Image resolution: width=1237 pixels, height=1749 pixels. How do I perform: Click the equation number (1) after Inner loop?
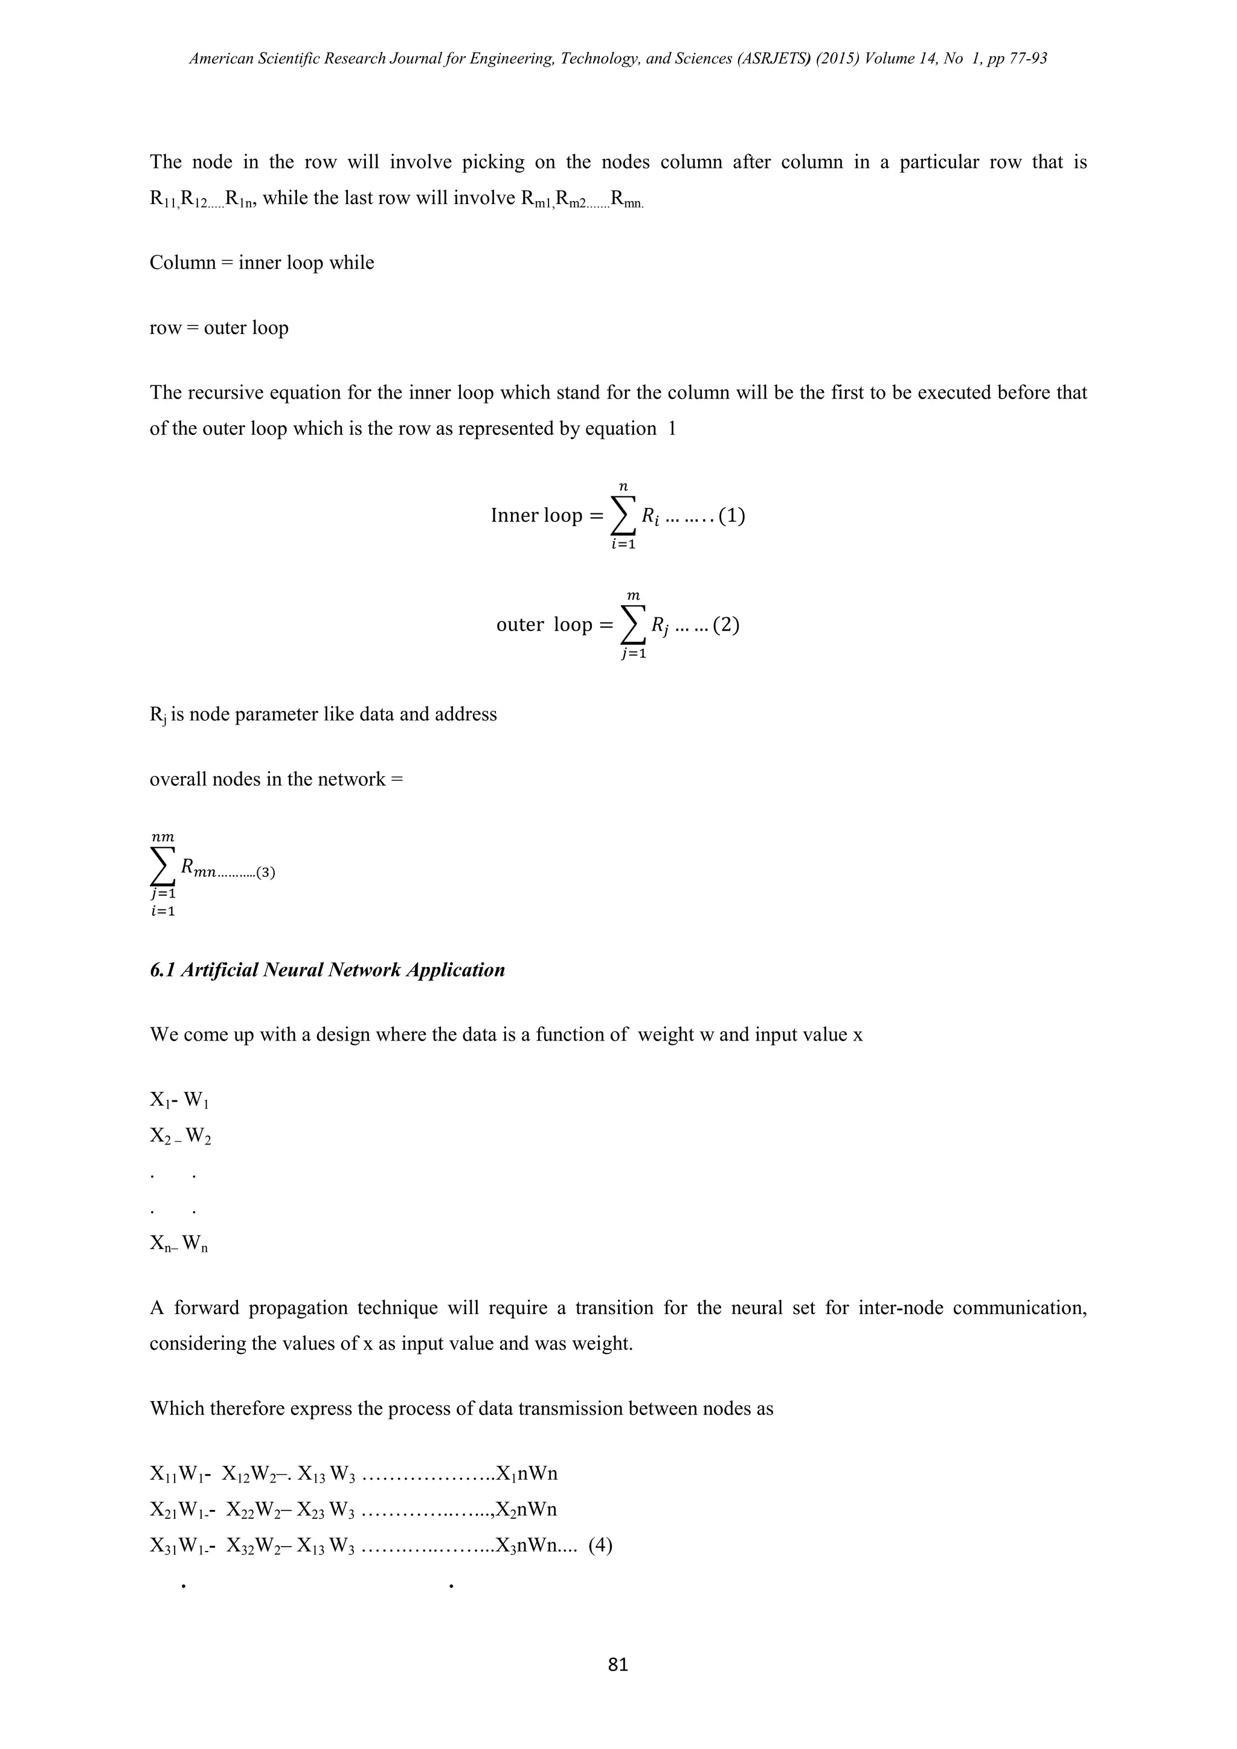pyautogui.click(x=731, y=516)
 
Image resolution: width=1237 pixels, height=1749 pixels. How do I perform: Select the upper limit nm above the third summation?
pyautogui.click(x=162, y=837)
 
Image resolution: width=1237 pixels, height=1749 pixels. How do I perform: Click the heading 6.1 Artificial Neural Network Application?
pyautogui.click(x=327, y=970)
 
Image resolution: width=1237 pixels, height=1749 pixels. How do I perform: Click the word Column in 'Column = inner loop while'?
pyautogui.click(x=182, y=263)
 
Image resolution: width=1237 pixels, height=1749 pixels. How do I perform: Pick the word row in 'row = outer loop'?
pyautogui.click(x=165, y=329)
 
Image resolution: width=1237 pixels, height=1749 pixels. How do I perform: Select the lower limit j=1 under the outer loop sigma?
pyautogui.click(x=633, y=653)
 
